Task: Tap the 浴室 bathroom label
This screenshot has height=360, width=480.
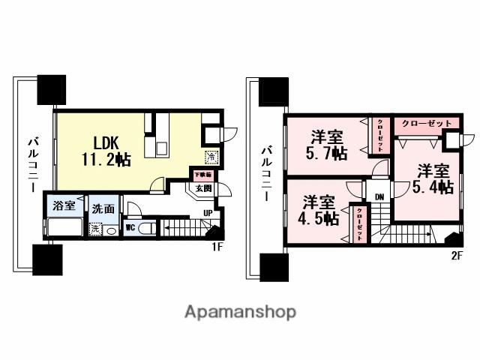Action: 63,205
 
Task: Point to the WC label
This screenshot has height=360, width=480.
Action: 129,227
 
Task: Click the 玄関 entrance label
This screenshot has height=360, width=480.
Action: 204,188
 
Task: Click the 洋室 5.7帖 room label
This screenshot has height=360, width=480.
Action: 328,145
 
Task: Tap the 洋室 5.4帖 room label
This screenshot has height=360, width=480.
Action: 433,178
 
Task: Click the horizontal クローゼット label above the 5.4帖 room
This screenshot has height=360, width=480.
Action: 427,123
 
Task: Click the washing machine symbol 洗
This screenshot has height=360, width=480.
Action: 95,229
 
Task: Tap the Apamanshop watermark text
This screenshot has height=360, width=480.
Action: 239,311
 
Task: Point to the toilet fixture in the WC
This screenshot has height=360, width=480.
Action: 148,229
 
